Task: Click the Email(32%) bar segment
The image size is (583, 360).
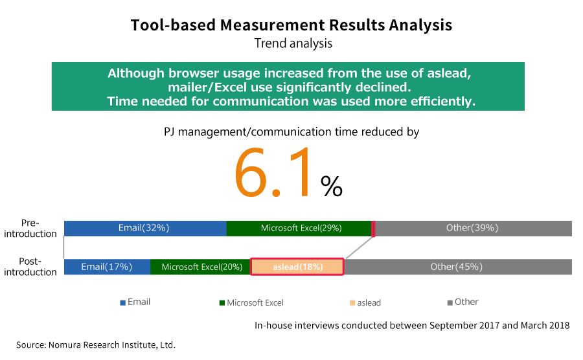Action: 145,229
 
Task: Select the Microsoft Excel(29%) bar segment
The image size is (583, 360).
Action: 299,229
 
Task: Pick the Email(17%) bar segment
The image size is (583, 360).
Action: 107,267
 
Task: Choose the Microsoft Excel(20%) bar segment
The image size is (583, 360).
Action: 201,267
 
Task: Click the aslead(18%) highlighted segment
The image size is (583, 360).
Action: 297,267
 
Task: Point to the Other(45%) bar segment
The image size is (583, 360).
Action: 458,267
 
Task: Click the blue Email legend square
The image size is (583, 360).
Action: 122,303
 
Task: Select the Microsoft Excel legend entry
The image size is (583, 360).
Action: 252,303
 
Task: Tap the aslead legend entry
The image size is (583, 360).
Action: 365,303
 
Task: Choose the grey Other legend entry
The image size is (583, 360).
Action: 463,302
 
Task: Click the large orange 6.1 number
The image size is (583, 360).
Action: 273,172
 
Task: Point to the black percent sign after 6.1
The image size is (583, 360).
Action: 331,186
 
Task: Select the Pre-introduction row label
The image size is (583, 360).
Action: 30,228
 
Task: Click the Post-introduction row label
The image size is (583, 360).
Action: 30,267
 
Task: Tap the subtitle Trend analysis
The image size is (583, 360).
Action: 293,43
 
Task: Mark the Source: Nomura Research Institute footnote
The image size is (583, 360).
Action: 96,344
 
